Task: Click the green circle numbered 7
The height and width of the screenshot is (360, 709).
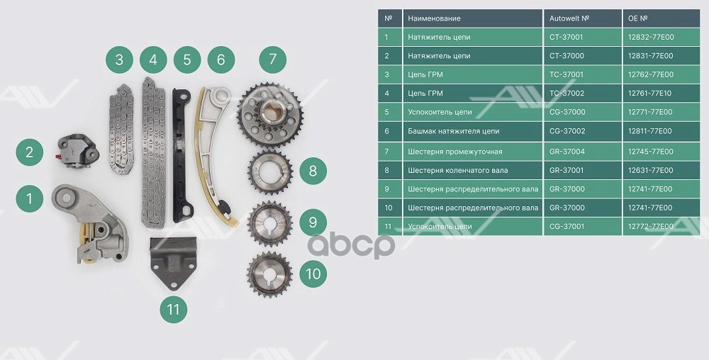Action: tap(272, 59)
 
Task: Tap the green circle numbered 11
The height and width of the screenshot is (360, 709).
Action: tap(173, 308)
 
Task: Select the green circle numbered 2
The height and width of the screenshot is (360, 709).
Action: tap(29, 152)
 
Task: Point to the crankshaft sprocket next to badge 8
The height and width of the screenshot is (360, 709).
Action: tap(269, 172)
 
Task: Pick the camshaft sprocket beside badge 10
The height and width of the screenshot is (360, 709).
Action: tap(269, 274)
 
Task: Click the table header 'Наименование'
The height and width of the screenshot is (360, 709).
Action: tap(434, 18)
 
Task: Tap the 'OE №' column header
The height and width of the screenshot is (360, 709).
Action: tap(639, 18)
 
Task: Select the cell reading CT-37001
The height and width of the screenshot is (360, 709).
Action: tap(567, 37)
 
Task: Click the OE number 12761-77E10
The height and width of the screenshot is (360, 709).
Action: tap(652, 94)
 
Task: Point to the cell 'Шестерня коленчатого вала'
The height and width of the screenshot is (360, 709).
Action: tap(459, 170)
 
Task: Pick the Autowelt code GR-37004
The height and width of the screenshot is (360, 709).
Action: tap(567, 151)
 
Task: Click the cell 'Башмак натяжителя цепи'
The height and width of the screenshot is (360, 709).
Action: tap(454, 132)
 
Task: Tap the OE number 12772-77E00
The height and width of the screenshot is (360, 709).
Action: tap(652, 227)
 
